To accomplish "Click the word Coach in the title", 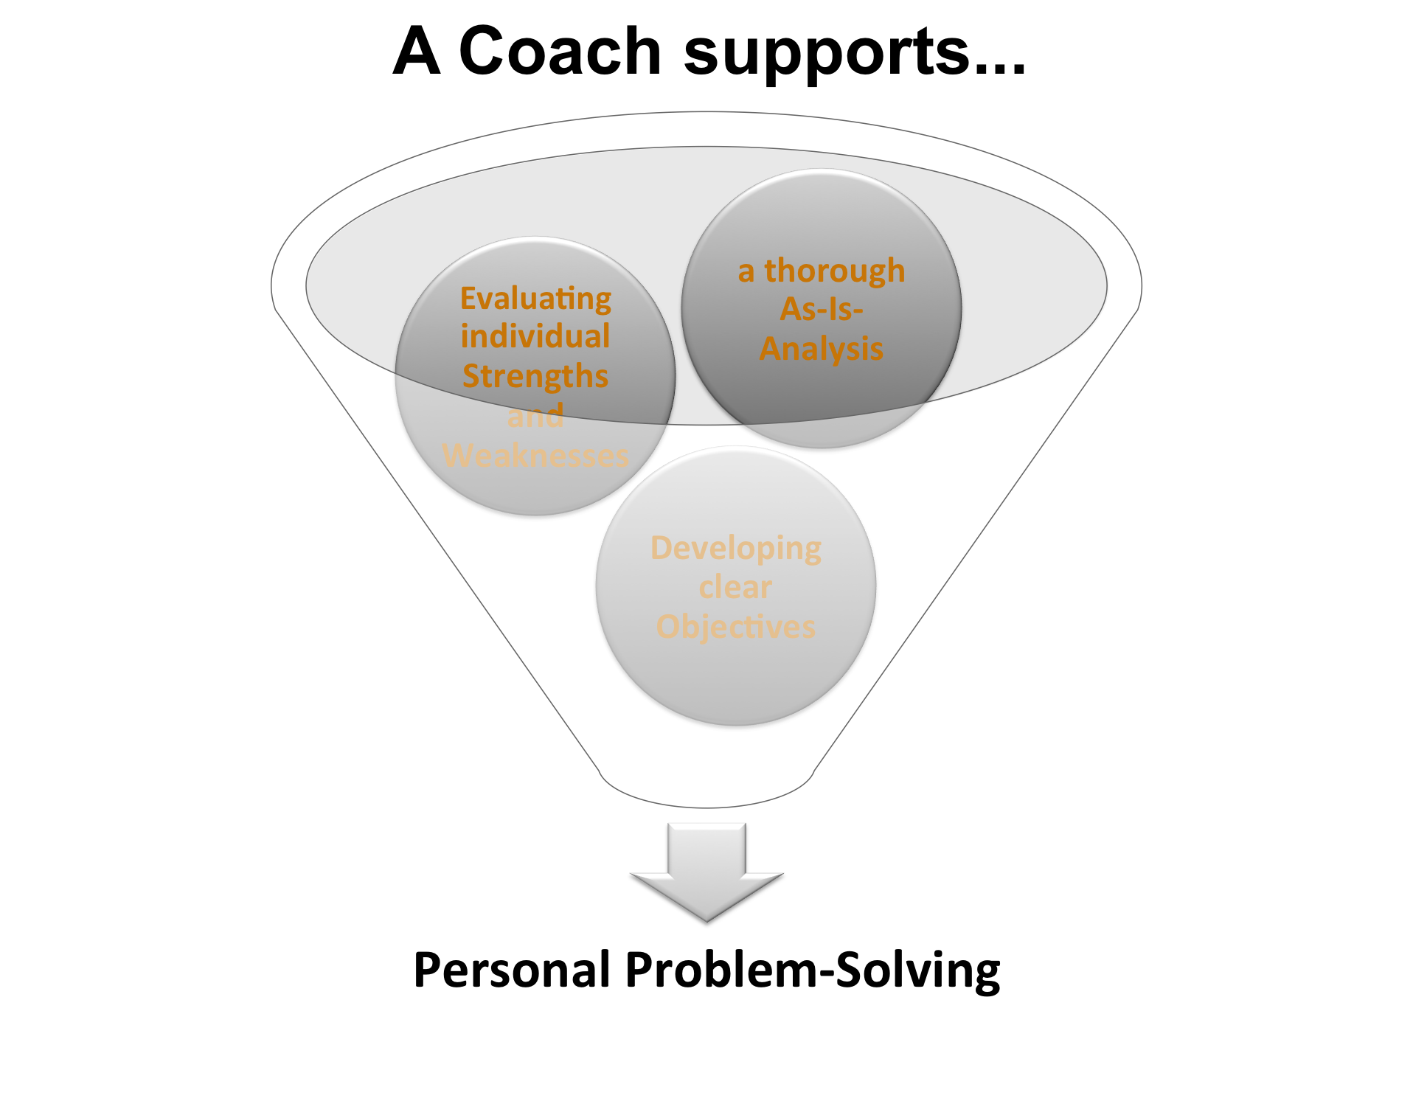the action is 560,51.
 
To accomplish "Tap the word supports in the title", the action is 825,56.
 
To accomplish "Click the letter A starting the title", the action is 417,51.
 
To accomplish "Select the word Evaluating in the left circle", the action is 536,299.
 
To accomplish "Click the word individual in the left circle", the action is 535,336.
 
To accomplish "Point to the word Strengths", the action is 535,376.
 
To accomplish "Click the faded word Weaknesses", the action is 535,455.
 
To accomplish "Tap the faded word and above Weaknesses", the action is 535,415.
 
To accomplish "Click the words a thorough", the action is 822,271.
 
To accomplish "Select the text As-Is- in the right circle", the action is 822,309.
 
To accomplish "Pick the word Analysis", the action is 822,349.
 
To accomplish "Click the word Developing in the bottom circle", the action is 736,549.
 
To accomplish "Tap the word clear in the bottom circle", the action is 736,587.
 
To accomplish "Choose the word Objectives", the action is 736,627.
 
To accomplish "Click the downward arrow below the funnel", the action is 706,872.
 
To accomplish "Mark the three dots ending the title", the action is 999,70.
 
